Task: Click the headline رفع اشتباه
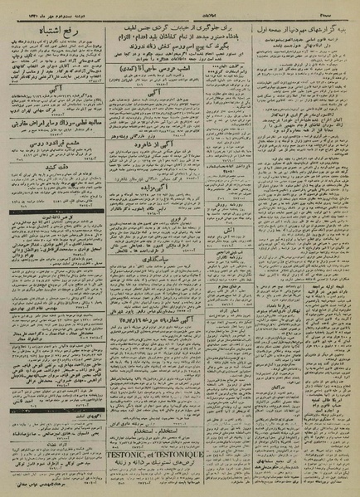click(59, 32)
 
